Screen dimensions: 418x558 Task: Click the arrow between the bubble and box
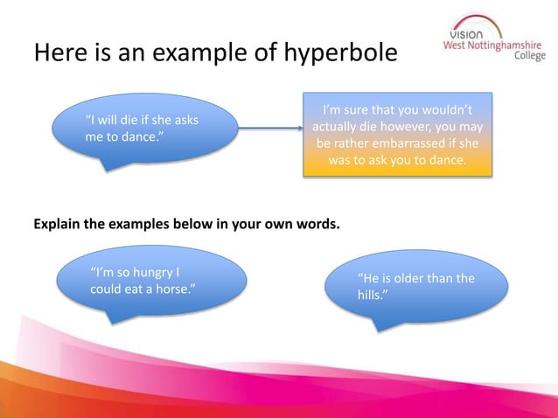[271, 129]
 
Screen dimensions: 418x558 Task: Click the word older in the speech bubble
[408, 279]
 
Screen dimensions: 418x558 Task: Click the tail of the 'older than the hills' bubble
[379, 325]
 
